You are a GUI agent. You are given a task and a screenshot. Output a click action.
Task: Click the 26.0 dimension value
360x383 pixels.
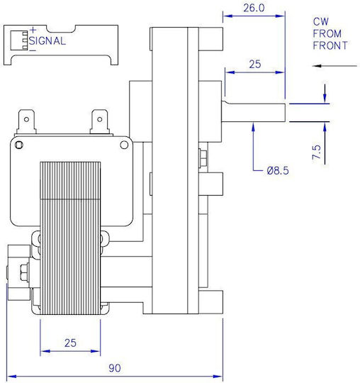[254, 8]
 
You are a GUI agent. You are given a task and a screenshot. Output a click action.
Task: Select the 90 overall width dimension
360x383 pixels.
[115, 368]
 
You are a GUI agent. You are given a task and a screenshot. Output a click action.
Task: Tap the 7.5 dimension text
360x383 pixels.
[316, 152]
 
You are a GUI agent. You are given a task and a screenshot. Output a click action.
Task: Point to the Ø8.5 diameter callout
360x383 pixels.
[278, 170]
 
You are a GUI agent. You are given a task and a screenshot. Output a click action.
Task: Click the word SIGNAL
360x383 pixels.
[47, 41]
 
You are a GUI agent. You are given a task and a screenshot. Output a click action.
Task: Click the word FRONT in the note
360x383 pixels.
[330, 45]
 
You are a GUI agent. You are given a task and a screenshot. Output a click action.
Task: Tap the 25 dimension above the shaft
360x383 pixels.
[255, 65]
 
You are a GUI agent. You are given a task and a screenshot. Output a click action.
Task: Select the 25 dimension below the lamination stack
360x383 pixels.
[70, 343]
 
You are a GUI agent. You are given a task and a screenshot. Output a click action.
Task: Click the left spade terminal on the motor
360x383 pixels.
[26, 122]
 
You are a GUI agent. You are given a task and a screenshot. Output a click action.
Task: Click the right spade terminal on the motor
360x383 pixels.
[99, 122]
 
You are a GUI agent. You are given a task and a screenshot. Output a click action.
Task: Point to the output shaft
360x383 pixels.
[254, 112]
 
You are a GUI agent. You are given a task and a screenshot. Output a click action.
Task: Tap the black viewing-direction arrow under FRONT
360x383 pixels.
[334, 66]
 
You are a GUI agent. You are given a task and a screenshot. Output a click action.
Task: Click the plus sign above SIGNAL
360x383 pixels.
[33, 30]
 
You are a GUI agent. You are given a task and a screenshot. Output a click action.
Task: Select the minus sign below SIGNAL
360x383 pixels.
[33, 51]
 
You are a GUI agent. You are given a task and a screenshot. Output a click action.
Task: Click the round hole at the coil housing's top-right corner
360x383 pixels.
[124, 145]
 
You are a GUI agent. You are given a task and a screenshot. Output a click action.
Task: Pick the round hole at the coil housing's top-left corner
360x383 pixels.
[19, 145]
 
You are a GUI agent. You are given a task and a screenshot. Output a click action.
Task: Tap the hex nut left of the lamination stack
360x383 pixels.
[24, 272]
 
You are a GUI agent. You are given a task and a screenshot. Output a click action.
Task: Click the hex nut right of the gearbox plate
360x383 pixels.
[203, 159]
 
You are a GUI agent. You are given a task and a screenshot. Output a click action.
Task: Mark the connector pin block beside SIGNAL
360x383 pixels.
[19, 40]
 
